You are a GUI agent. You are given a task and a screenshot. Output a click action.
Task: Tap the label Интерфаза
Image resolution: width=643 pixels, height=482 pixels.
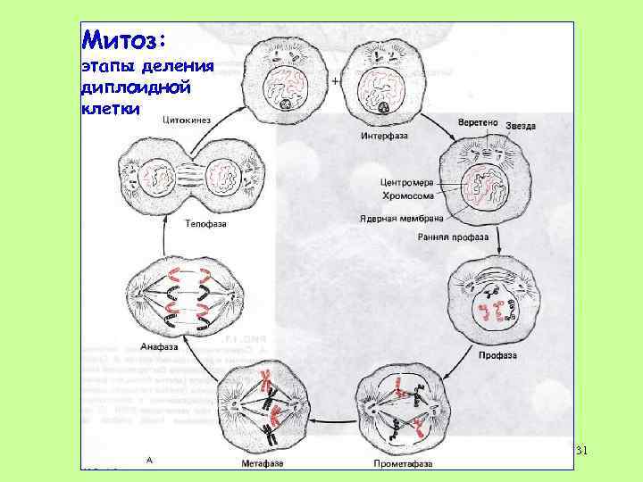384,137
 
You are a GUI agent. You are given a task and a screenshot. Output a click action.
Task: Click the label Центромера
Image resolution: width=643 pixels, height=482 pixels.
406,181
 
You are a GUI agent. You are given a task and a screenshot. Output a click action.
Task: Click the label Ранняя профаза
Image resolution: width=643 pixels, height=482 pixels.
453,237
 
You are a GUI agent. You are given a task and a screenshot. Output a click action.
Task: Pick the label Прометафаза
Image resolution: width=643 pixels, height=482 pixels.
403,463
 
